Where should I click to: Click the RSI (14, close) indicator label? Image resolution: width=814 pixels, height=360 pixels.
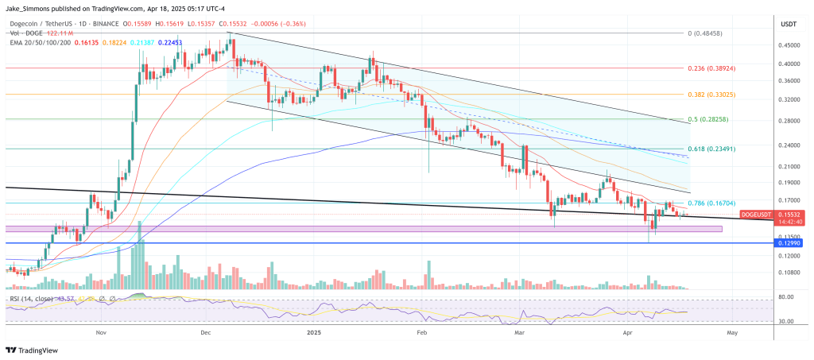tap(33, 298)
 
